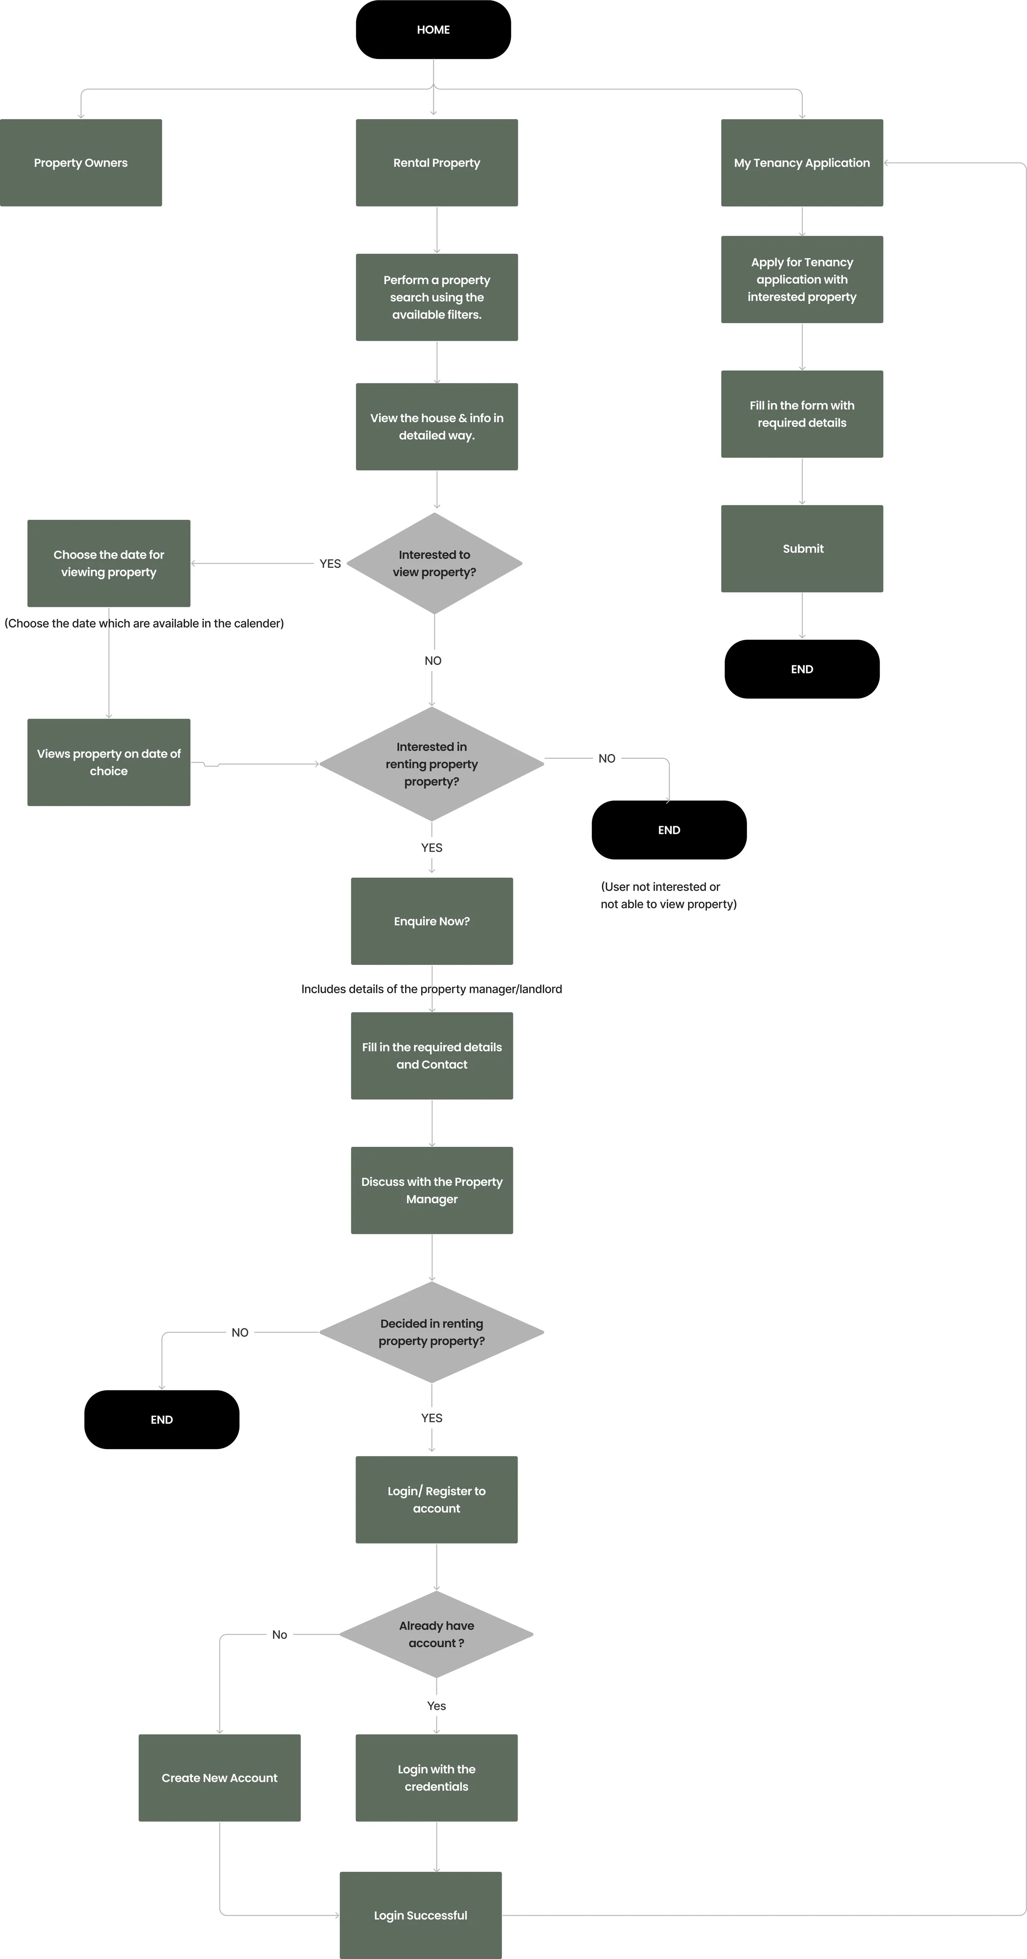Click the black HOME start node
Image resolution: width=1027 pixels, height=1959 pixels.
[x=433, y=30]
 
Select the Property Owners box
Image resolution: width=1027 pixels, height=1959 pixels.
[x=81, y=163]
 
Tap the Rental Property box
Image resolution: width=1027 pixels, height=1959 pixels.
[x=437, y=163]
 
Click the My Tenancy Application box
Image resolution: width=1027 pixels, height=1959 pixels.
[x=802, y=163]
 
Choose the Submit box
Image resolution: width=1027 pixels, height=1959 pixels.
[x=802, y=548]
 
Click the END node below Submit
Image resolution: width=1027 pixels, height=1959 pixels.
[x=802, y=669]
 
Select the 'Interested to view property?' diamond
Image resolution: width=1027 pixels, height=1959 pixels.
[x=434, y=563]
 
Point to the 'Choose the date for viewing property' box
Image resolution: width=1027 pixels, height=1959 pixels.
[x=109, y=563]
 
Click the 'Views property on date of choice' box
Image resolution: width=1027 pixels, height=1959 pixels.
[x=109, y=762]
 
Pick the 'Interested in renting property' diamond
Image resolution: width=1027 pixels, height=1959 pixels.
[x=431, y=764]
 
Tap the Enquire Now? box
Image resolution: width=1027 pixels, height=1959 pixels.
[x=431, y=921]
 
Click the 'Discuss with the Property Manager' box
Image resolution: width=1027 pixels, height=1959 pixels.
[x=431, y=1190]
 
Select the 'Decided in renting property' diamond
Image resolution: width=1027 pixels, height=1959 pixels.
[x=431, y=1332]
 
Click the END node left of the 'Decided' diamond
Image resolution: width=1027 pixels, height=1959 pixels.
[x=161, y=1420]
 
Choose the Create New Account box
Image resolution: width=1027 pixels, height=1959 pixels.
[x=219, y=1778]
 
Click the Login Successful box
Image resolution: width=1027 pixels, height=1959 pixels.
[x=421, y=1915]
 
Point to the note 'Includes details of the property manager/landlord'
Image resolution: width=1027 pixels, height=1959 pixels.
[x=431, y=989]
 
